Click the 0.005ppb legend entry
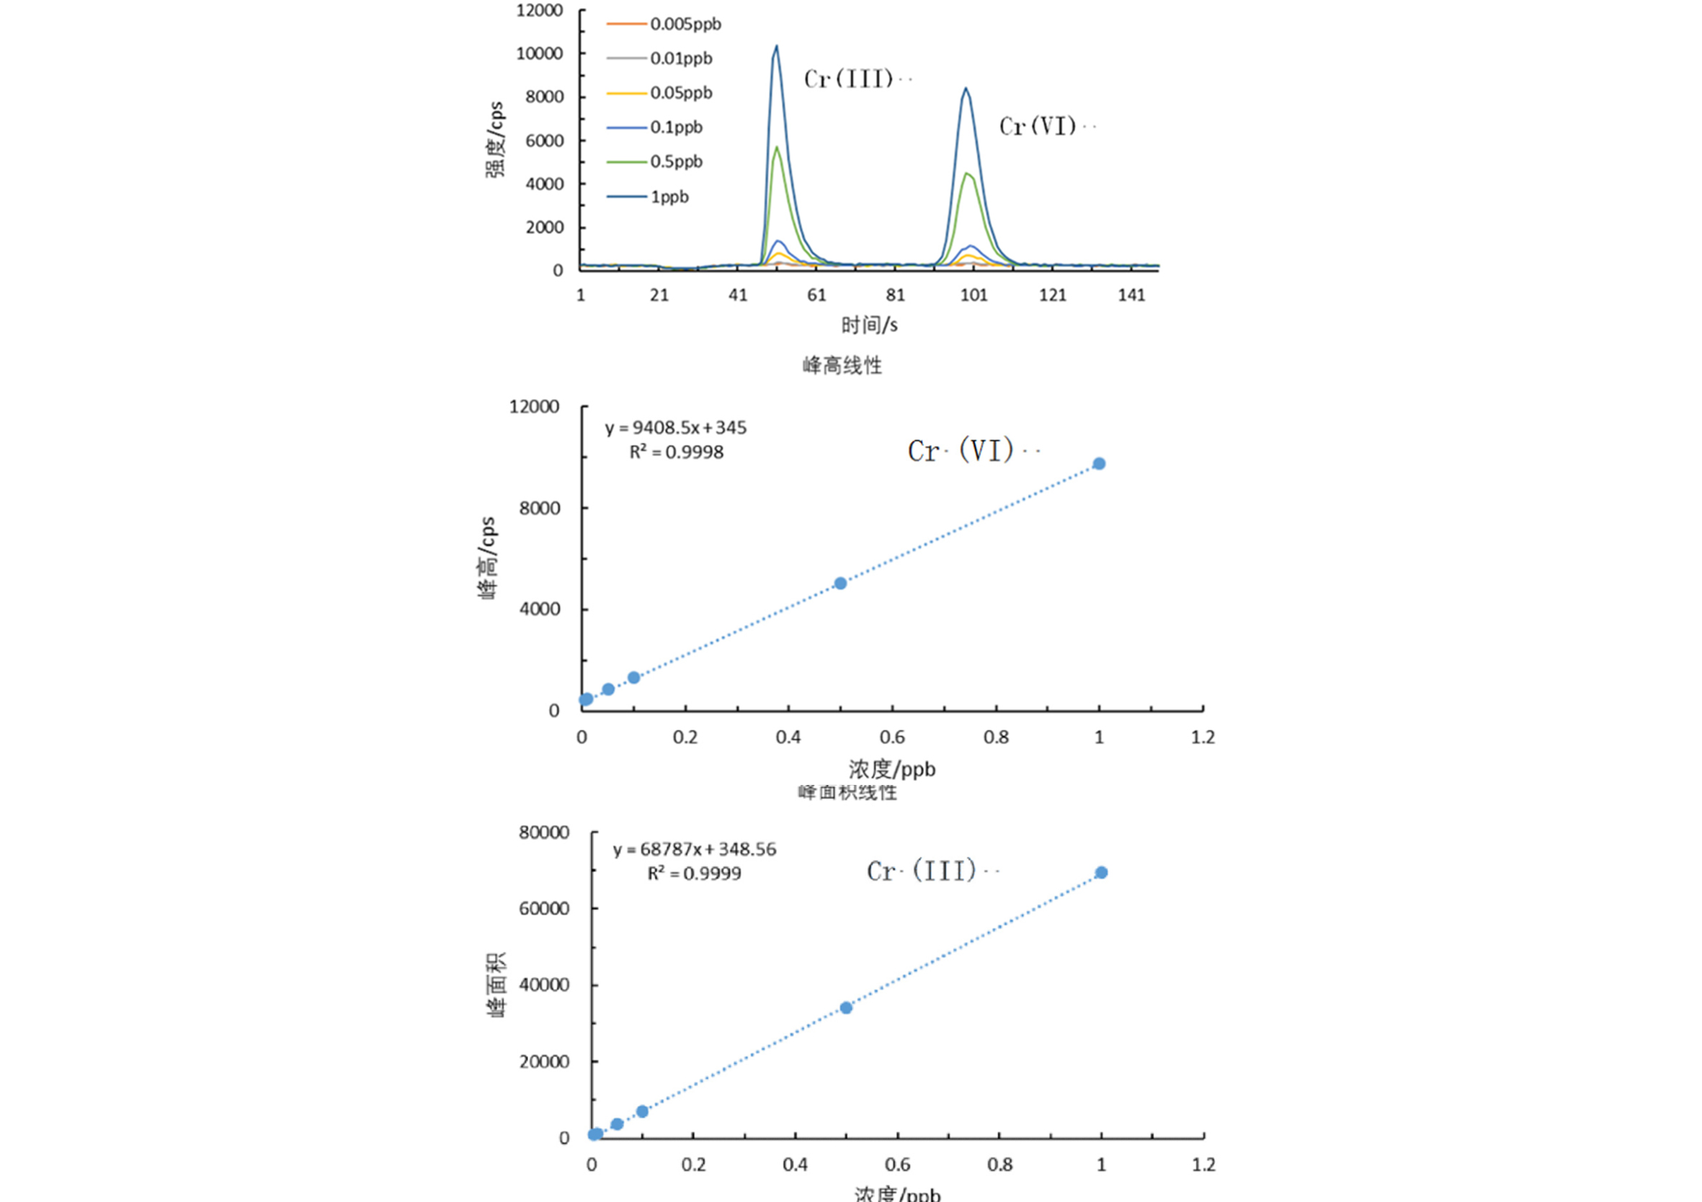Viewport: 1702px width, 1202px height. (685, 24)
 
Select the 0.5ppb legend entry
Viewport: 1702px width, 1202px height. (676, 161)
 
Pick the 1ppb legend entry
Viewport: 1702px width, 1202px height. (669, 197)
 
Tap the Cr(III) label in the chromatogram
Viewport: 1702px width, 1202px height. (849, 79)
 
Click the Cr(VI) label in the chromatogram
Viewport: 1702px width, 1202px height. (1038, 126)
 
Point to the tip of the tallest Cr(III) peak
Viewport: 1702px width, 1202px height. (777, 46)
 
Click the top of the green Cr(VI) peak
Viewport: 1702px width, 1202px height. (966, 174)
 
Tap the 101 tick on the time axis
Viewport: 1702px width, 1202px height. (974, 295)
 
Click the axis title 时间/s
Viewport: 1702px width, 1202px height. (869, 325)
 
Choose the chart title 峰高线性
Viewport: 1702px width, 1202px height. (842, 365)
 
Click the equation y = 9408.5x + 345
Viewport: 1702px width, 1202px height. (675, 428)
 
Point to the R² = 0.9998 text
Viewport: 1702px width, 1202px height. (676, 452)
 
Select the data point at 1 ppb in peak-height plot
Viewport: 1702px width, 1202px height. (1100, 464)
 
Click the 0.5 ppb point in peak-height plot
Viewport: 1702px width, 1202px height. (840, 583)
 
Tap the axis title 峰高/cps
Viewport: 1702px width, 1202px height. (487, 557)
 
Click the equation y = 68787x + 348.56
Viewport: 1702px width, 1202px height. (695, 849)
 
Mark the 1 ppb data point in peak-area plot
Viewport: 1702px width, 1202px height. (1102, 873)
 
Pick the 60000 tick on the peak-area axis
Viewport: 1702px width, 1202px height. (544, 909)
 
